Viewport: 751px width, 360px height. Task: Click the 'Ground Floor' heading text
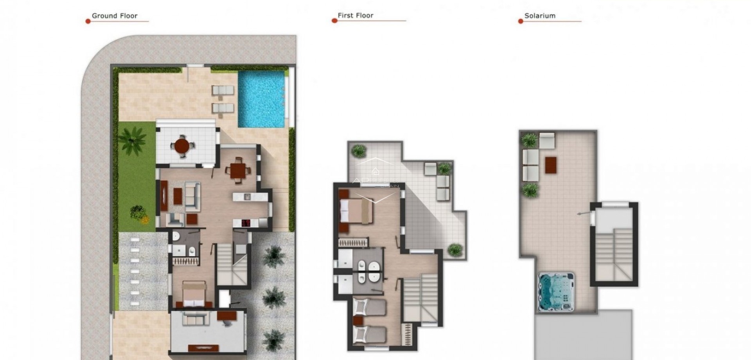pos(114,16)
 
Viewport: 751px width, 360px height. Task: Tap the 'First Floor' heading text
pos(355,16)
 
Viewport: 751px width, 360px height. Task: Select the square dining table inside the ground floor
pos(237,171)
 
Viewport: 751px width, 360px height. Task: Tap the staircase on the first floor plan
pos(420,297)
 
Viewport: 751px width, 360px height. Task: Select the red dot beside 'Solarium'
pos(521,21)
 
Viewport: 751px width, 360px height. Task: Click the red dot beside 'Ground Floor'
pos(88,21)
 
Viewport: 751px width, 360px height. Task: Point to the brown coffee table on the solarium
pos(550,165)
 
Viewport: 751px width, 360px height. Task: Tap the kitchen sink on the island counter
pos(247,196)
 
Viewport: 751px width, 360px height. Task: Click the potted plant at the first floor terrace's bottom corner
pos(455,249)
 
